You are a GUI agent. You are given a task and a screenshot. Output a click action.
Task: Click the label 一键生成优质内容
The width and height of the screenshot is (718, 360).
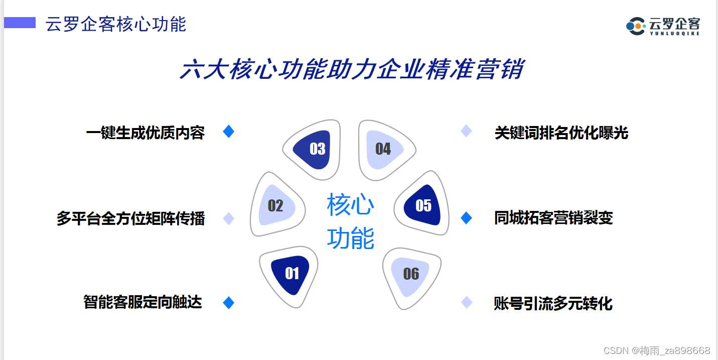pos(145,133)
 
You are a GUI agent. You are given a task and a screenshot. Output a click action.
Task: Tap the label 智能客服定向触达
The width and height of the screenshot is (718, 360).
pos(142,302)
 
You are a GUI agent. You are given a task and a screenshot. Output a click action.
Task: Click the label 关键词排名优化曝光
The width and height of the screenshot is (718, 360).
pos(561,133)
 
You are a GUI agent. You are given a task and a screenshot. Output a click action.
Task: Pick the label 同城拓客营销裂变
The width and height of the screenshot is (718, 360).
pos(553,218)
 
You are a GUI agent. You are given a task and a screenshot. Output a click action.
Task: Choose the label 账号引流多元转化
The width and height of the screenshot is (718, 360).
pos(553,303)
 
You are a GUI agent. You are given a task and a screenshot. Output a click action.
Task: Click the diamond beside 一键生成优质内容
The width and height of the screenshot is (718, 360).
pos(229,132)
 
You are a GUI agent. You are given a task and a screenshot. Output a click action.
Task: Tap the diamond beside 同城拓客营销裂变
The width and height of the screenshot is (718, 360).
pos(467,218)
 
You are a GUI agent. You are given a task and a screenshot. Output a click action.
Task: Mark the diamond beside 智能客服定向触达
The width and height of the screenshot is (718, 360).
pos(229,302)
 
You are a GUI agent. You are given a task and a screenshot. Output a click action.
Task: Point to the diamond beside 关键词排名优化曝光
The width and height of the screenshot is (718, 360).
pos(467,131)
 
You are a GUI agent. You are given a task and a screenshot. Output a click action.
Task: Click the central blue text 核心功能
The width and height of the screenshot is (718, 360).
pos(351,221)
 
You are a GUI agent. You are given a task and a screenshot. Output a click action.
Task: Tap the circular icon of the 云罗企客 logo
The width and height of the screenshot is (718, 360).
pos(635,26)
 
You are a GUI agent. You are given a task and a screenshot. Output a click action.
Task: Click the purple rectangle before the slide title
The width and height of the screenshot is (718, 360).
pos(20,23)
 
